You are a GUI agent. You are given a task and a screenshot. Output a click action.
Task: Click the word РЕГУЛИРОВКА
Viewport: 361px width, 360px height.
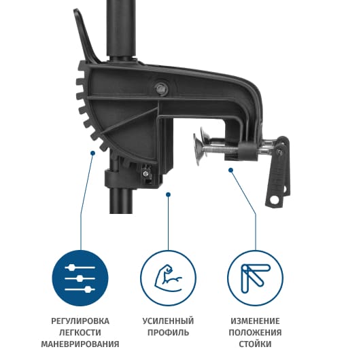click(80, 321)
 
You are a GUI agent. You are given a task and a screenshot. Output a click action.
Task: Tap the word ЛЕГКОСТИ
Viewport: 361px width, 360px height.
click(80, 332)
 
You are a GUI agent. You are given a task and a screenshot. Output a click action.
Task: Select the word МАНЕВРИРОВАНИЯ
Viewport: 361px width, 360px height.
click(80, 344)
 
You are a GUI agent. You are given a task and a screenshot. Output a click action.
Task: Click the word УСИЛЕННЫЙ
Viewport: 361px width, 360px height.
click(168, 321)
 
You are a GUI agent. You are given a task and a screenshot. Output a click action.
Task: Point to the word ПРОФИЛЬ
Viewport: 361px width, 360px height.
click(168, 332)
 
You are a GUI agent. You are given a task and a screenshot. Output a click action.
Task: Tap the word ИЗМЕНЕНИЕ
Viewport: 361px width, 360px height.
click(256, 321)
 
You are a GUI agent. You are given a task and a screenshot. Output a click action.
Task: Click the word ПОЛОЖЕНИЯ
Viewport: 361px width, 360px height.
click(256, 332)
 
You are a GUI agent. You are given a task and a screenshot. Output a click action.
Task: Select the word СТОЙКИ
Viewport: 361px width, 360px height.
click(255, 344)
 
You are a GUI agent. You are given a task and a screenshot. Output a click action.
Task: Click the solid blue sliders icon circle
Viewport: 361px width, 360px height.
click(80, 278)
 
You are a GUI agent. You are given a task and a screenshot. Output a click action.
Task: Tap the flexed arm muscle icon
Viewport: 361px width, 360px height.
click(169, 278)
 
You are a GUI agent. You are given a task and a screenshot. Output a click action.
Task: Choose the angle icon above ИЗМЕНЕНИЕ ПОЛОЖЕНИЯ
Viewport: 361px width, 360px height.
click(255, 278)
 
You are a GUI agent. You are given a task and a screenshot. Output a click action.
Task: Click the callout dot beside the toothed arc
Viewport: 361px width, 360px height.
click(92, 153)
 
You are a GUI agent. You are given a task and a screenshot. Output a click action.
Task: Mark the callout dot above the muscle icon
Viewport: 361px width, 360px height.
click(169, 195)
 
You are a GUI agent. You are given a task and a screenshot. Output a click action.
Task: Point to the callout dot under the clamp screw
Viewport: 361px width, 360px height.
click(230, 170)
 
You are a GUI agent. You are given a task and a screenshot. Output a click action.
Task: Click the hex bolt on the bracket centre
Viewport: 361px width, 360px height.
click(161, 88)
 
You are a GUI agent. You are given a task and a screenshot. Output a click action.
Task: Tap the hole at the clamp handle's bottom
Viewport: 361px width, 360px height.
click(274, 200)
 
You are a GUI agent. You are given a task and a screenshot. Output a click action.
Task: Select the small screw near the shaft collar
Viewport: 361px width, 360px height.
click(145, 173)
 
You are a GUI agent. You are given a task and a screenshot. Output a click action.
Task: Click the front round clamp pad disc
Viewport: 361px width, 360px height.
click(198, 149)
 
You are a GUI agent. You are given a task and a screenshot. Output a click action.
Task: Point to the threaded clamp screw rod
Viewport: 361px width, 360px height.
click(221, 149)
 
